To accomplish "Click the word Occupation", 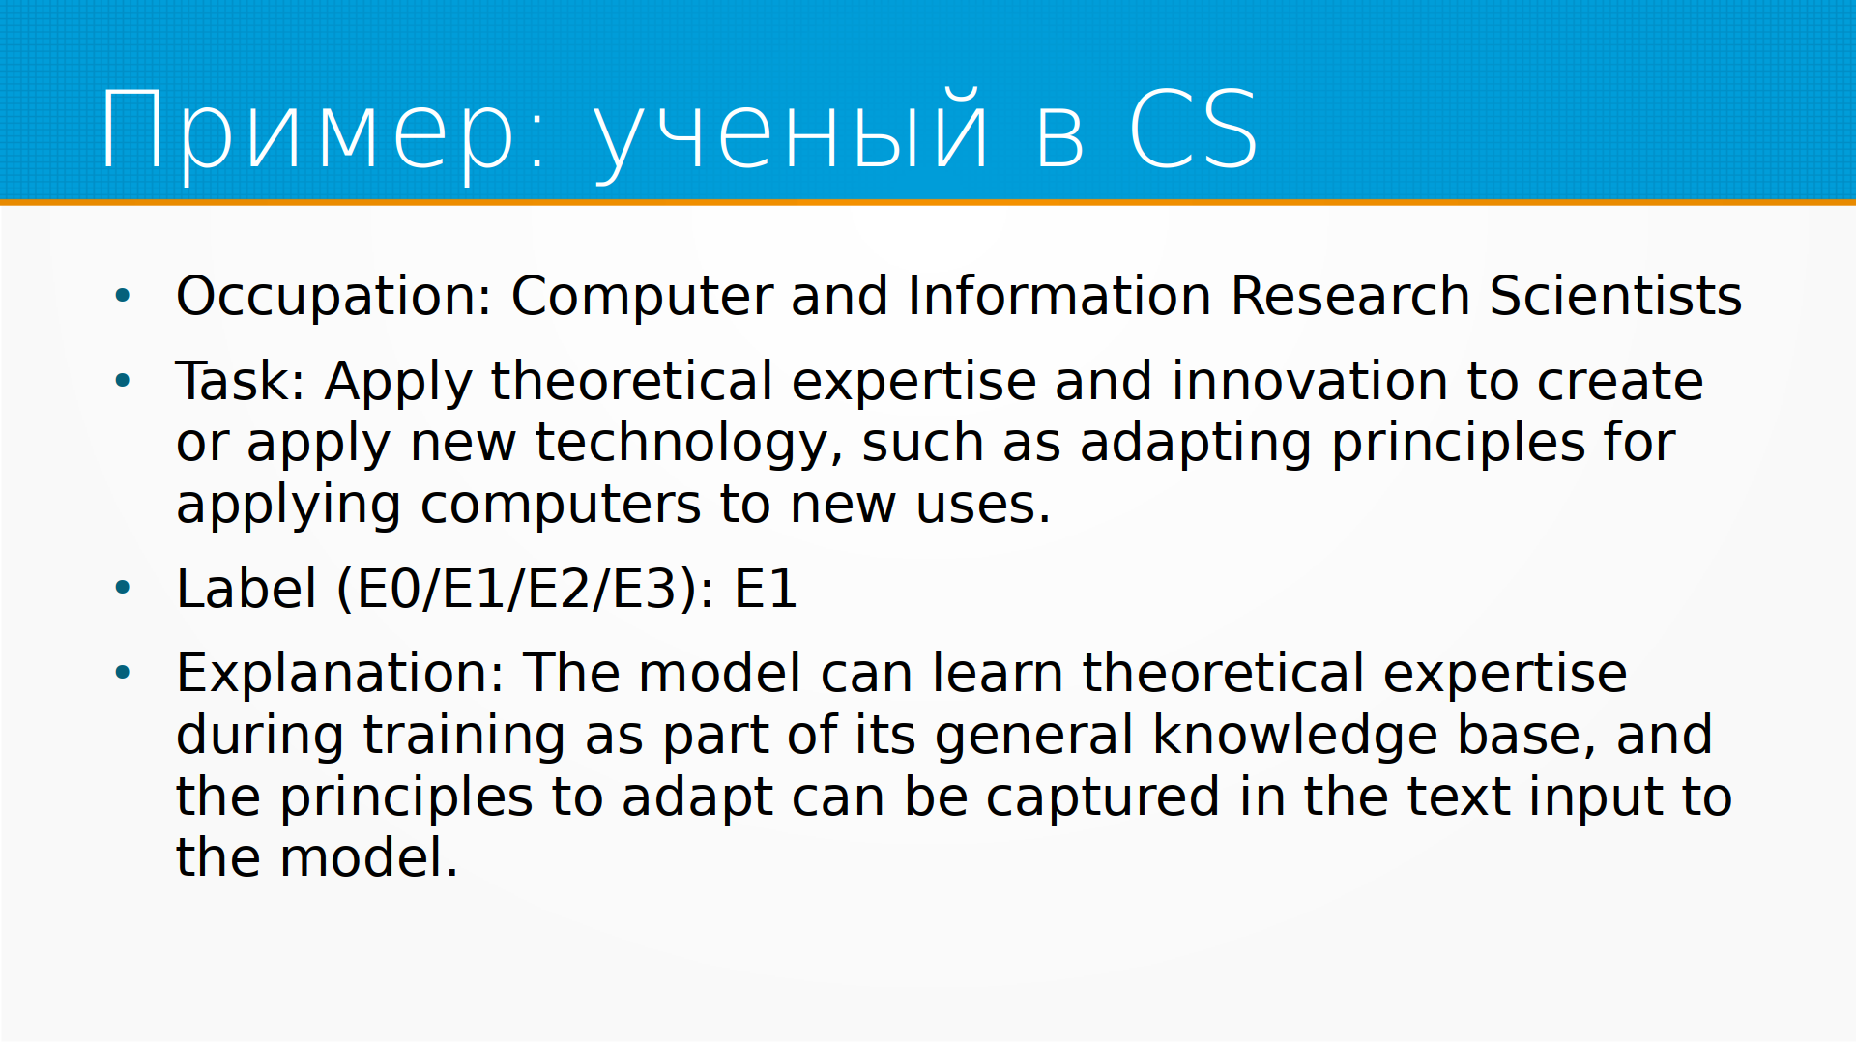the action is point(334,297).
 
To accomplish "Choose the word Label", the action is point(246,589).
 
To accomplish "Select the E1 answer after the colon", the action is point(766,589).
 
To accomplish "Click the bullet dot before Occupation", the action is point(122,296).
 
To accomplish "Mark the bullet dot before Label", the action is point(122,588).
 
